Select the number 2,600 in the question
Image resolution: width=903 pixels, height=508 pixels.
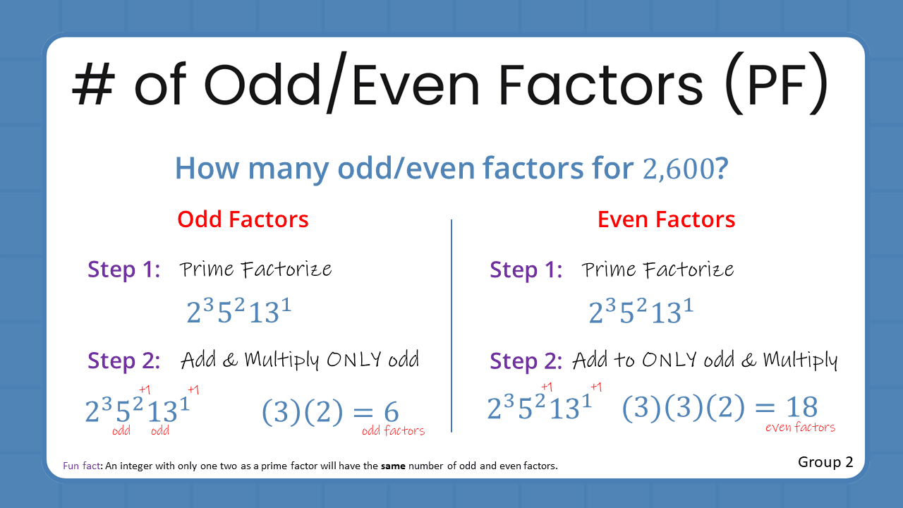pyautogui.click(x=678, y=169)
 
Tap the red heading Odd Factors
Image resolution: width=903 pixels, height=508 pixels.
pyautogui.click(x=243, y=219)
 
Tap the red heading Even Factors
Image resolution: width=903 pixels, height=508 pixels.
pyautogui.click(x=666, y=219)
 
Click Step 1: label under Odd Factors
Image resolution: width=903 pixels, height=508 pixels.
pyautogui.click(x=123, y=270)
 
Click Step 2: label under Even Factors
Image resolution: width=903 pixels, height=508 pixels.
pyautogui.click(x=526, y=361)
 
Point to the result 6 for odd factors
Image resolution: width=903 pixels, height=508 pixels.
pyautogui.click(x=391, y=412)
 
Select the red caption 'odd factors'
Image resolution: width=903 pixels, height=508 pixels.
pyautogui.click(x=393, y=431)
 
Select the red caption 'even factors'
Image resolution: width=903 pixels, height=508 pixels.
pyautogui.click(x=800, y=427)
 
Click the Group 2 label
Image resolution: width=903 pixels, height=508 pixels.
pyautogui.click(x=825, y=462)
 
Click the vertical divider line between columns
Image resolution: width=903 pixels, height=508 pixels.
pyautogui.click(x=451, y=325)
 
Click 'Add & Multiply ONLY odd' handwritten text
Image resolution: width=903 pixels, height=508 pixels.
pyautogui.click(x=300, y=361)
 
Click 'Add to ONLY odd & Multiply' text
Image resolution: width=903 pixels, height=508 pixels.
pyautogui.click(x=704, y=361)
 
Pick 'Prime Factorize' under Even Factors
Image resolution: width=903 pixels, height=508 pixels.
pyautogui.click(x=657, y=270)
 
